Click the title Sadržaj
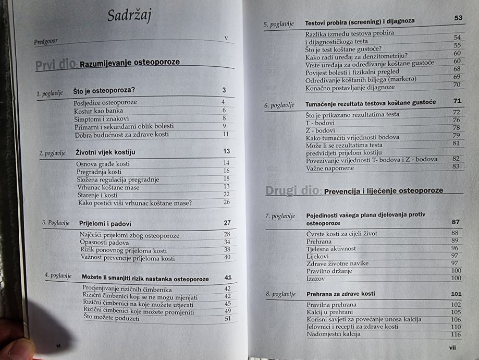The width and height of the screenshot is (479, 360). (x=129, y=16)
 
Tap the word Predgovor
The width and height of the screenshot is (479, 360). (x=47, y=41)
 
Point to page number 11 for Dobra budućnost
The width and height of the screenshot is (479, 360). (x=226, y=134)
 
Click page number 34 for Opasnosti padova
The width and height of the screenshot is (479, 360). (x=227, y=242)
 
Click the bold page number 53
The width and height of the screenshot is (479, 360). (x=458, y=18)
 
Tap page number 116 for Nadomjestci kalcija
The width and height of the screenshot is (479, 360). (x=456, y=334)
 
